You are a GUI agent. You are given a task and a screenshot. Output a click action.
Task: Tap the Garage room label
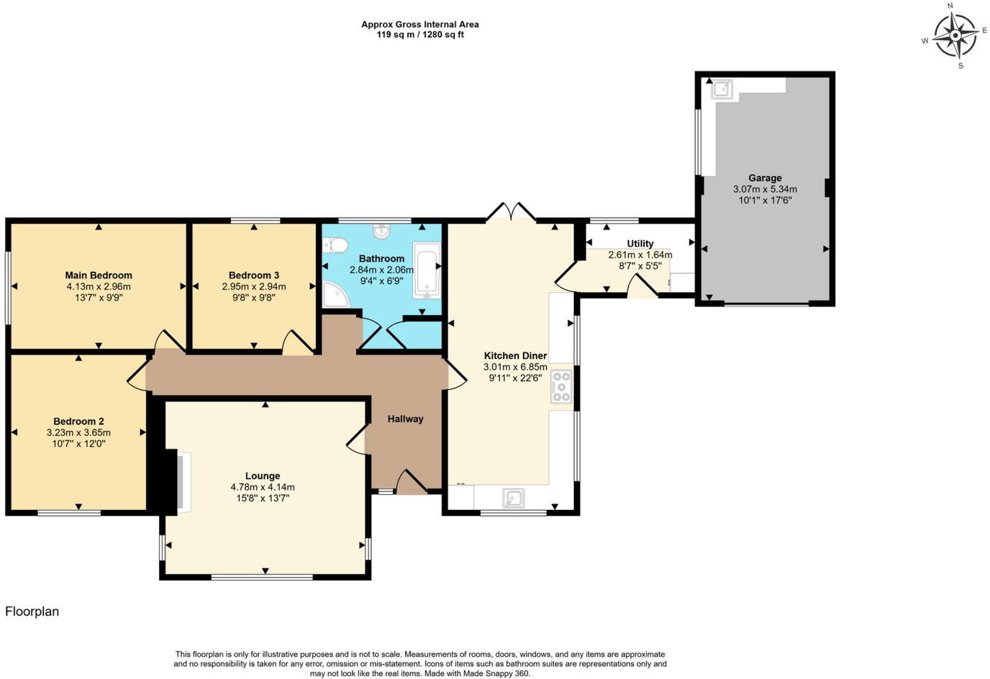pyautogui.click(x=764, y=178)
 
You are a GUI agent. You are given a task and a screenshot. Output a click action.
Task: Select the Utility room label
pyautogui.click(x=640, y=243)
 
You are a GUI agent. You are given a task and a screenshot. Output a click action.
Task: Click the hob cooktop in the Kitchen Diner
pyautogui.click(x=561, y=386)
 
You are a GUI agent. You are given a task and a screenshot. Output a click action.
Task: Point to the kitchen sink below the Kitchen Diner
pyautogui.click(x=513, y=498)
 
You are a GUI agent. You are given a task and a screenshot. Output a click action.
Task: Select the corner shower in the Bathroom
pyautogui.click(x=334, y=293)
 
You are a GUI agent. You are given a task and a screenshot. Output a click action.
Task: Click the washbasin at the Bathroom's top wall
pyautogui.click(x=381, y=232)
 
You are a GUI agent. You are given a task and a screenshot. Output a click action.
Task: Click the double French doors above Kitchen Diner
pyautogui.click(x=511, y=211)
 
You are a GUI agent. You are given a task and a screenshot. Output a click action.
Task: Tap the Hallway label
pyautogui.click(x=406, y=419)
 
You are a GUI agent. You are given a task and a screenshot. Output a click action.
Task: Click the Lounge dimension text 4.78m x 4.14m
pyautogui.click(x=263, y=487)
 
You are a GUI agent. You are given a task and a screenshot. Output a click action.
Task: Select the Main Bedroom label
pyautogui.click(x=99, y=275)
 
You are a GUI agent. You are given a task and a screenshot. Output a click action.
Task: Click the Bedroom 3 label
pyautogui.click(x=254, y=275)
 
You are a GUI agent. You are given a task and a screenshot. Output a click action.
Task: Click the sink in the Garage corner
pyautogui.click(x=722, y=89)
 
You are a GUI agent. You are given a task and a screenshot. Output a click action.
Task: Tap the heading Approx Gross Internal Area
pyautogui.click(x=420, y=24)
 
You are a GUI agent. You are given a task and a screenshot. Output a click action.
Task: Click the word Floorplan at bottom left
pyautogui.click(x=32, y=611)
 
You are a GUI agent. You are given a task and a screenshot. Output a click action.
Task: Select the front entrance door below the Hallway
pyautogui.click(x=412, y=483)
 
